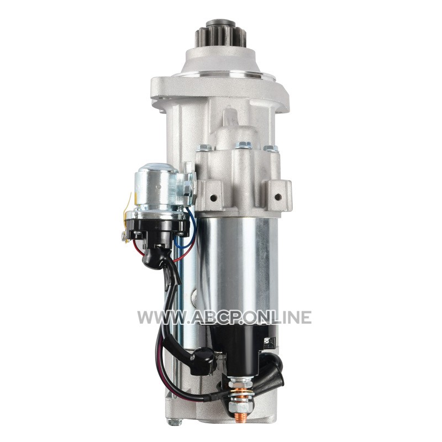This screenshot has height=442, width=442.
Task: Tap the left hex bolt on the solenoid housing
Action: point(203,147)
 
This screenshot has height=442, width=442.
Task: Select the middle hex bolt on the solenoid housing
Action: point(243,145)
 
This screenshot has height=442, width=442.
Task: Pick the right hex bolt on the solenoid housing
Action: point(270,148)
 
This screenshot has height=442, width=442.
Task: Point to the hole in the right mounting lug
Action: point(278,197)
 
